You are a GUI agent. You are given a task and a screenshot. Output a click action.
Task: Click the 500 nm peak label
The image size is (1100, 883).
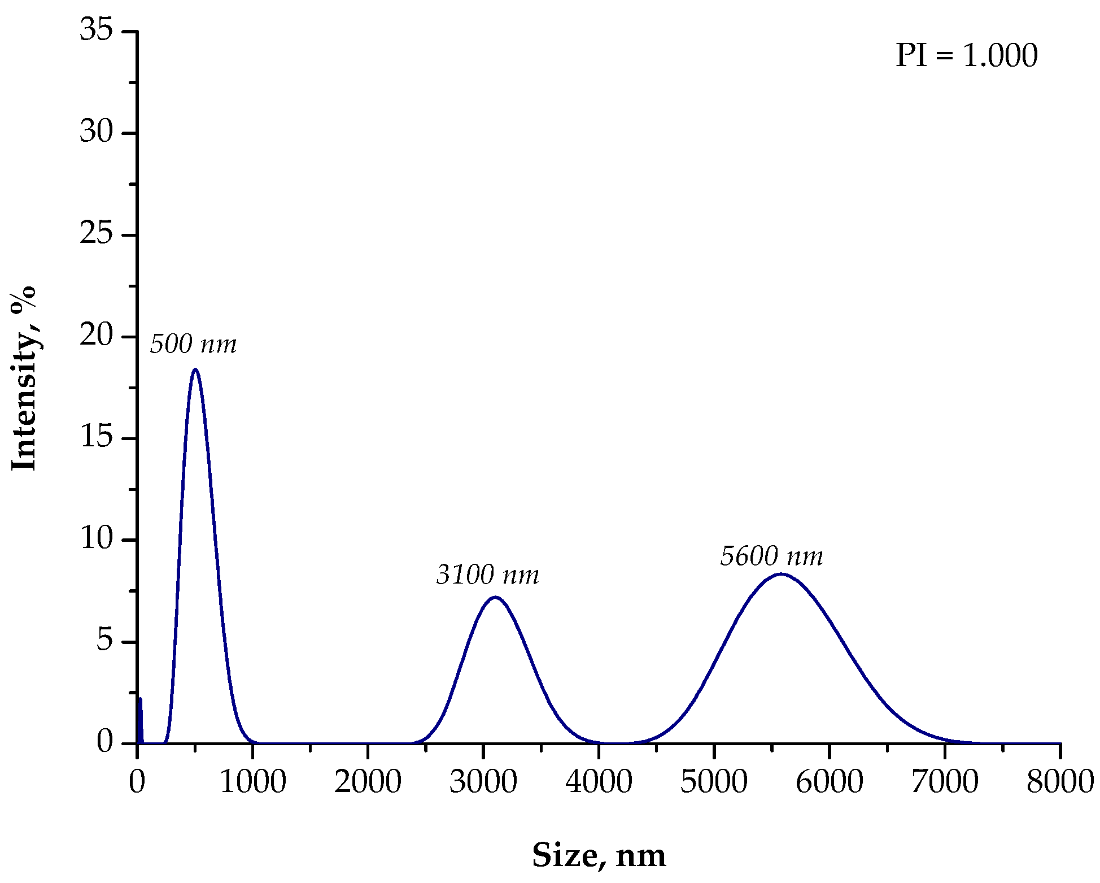pos(193,344)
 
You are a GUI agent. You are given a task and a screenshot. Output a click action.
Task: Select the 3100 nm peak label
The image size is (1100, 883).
pos(488,575)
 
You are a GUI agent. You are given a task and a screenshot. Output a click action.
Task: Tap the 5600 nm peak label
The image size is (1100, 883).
pos(771,556)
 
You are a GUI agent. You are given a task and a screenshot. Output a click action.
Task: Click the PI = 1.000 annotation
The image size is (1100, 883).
pos(966,56)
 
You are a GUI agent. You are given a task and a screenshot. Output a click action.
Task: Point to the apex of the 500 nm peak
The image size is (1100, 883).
pos(195,369)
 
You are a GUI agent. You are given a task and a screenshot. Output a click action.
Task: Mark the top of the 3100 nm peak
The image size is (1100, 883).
pos(495,597)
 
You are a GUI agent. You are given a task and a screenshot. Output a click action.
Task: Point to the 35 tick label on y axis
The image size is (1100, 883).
pos(97,30)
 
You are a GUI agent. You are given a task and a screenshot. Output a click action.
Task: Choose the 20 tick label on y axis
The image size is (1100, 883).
pos(97,336)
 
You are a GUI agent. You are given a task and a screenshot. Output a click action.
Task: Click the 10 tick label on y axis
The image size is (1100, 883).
pos(97,540)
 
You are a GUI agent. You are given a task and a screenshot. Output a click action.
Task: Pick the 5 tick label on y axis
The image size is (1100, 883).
pos(105,641)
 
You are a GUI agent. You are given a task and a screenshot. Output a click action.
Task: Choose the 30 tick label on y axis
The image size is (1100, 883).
pos(97,132)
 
